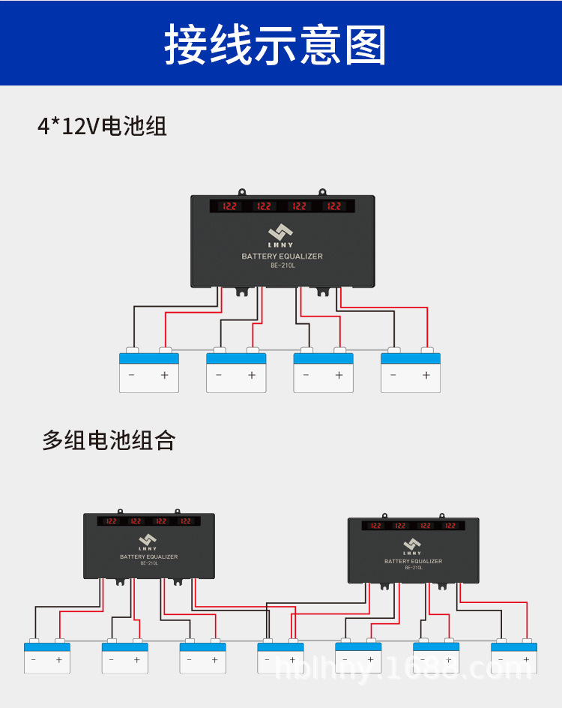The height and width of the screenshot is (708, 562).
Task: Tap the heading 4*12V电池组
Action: point(102,126)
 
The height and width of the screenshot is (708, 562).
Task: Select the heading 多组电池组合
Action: point(109,440)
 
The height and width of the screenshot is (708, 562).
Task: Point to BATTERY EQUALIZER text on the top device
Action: point(282,256)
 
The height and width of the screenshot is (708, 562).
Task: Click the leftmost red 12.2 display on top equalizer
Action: point(229,205)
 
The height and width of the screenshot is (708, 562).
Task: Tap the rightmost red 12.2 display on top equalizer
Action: point(334,205)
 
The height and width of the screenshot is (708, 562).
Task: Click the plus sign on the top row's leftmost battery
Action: point(165,375)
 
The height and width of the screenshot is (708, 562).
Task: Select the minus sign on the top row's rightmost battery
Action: point(393,375)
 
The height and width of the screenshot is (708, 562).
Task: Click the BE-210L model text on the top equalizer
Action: point(282,265)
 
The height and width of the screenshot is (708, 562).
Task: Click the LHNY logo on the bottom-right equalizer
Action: point(412,546)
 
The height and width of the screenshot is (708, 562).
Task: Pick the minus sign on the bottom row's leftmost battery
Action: point(33,660)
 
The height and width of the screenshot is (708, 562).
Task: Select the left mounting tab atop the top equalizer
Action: point(243,193)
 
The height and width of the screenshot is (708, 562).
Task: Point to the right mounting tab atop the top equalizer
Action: point(323,193)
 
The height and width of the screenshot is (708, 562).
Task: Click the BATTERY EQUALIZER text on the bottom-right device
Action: point(413,561)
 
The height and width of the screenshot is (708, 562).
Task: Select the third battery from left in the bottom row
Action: point(202,657)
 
